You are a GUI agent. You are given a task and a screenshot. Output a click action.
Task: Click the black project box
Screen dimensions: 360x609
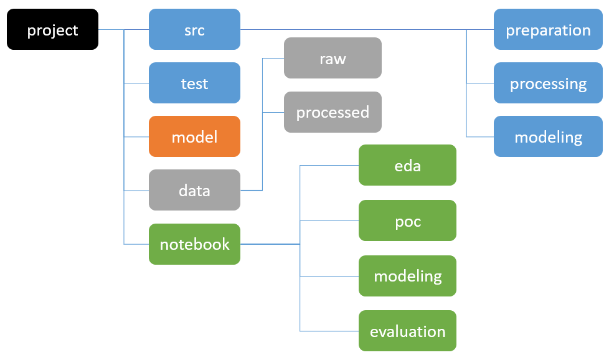point(52,29)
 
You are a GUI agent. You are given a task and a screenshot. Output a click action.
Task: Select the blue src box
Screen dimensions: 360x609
point(194,29)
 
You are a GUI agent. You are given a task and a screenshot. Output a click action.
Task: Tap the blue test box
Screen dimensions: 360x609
point(194,83)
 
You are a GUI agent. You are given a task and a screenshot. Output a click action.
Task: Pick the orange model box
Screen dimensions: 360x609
point(194,136)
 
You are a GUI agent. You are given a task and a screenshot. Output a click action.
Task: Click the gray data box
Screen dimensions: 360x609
point(194,190)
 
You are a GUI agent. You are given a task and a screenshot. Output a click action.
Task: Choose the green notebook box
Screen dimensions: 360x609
point(194,244)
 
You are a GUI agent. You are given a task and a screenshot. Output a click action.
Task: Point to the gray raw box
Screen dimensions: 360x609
point(333,58)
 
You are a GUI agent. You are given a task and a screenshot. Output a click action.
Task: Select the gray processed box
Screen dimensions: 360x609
point(333,112)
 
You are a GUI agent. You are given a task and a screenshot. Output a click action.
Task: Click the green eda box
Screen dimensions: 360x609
point(407,165)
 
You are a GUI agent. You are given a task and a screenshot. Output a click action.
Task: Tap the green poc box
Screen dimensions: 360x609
point(407,220)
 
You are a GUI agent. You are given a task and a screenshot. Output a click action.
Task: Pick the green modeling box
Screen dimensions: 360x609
point(407,276)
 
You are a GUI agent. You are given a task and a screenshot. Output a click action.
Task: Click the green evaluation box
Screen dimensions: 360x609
point(407,331)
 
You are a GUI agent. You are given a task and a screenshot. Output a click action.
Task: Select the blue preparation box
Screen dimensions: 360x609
point(548,29)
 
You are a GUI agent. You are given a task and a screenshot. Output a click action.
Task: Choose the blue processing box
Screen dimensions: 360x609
point(548,83)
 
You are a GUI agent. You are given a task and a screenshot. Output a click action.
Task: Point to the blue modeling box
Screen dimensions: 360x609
point(548,136)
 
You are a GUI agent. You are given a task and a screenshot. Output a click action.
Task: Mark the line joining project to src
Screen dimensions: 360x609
point(123,29)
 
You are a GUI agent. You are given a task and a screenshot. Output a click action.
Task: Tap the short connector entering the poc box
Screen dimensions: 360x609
point(329,220)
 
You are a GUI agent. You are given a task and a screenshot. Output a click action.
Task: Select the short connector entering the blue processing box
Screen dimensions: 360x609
point(480,83)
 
